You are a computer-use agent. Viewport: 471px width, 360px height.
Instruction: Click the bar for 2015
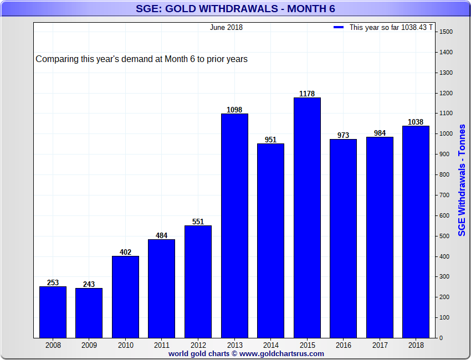[307, 218]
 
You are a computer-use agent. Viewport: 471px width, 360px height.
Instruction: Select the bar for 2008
[53, 312]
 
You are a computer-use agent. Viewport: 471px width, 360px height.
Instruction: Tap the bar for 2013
[234, 225]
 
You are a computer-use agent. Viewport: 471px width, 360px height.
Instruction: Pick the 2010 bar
[125, 297]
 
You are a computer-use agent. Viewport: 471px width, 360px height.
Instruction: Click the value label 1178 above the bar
[307, 94]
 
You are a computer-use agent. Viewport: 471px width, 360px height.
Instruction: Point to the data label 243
[89, 284]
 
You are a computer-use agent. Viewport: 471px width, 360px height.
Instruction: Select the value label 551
[198, 222]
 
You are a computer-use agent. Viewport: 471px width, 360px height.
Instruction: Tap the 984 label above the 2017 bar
[380, 133]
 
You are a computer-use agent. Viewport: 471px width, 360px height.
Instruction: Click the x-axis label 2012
[198, 344]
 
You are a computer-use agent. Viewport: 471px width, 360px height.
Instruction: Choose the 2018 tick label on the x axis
[416, 344]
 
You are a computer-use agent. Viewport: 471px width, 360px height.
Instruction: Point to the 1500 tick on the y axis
[446, 32]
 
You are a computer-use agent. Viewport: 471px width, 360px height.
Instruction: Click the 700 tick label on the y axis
[444, 196]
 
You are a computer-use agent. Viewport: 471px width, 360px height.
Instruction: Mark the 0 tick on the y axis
[441, 338]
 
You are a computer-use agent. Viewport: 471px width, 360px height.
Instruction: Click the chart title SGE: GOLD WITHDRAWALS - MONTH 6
[235, 9]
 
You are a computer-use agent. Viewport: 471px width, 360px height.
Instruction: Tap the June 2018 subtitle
[226, 27]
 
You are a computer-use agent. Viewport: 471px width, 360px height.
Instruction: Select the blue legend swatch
[339, 27]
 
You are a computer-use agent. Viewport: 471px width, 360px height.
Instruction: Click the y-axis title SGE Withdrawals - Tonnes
[462, 180]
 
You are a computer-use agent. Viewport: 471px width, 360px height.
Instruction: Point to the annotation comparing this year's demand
[141, 59]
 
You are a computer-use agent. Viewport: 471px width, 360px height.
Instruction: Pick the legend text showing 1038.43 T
[391, 27]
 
